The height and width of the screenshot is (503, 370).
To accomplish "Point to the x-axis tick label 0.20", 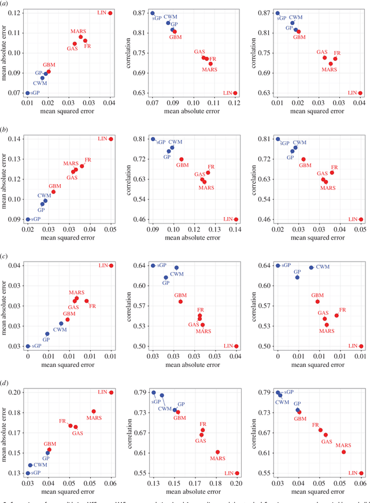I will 236,482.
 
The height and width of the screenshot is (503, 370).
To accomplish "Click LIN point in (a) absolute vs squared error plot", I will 110,13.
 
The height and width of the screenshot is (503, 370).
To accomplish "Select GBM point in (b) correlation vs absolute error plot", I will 181,159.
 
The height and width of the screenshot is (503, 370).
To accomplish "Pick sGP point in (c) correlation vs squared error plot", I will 278,266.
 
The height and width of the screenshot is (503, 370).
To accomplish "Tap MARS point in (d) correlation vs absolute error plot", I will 217,452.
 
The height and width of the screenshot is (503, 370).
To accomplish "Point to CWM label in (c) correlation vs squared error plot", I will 323,267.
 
